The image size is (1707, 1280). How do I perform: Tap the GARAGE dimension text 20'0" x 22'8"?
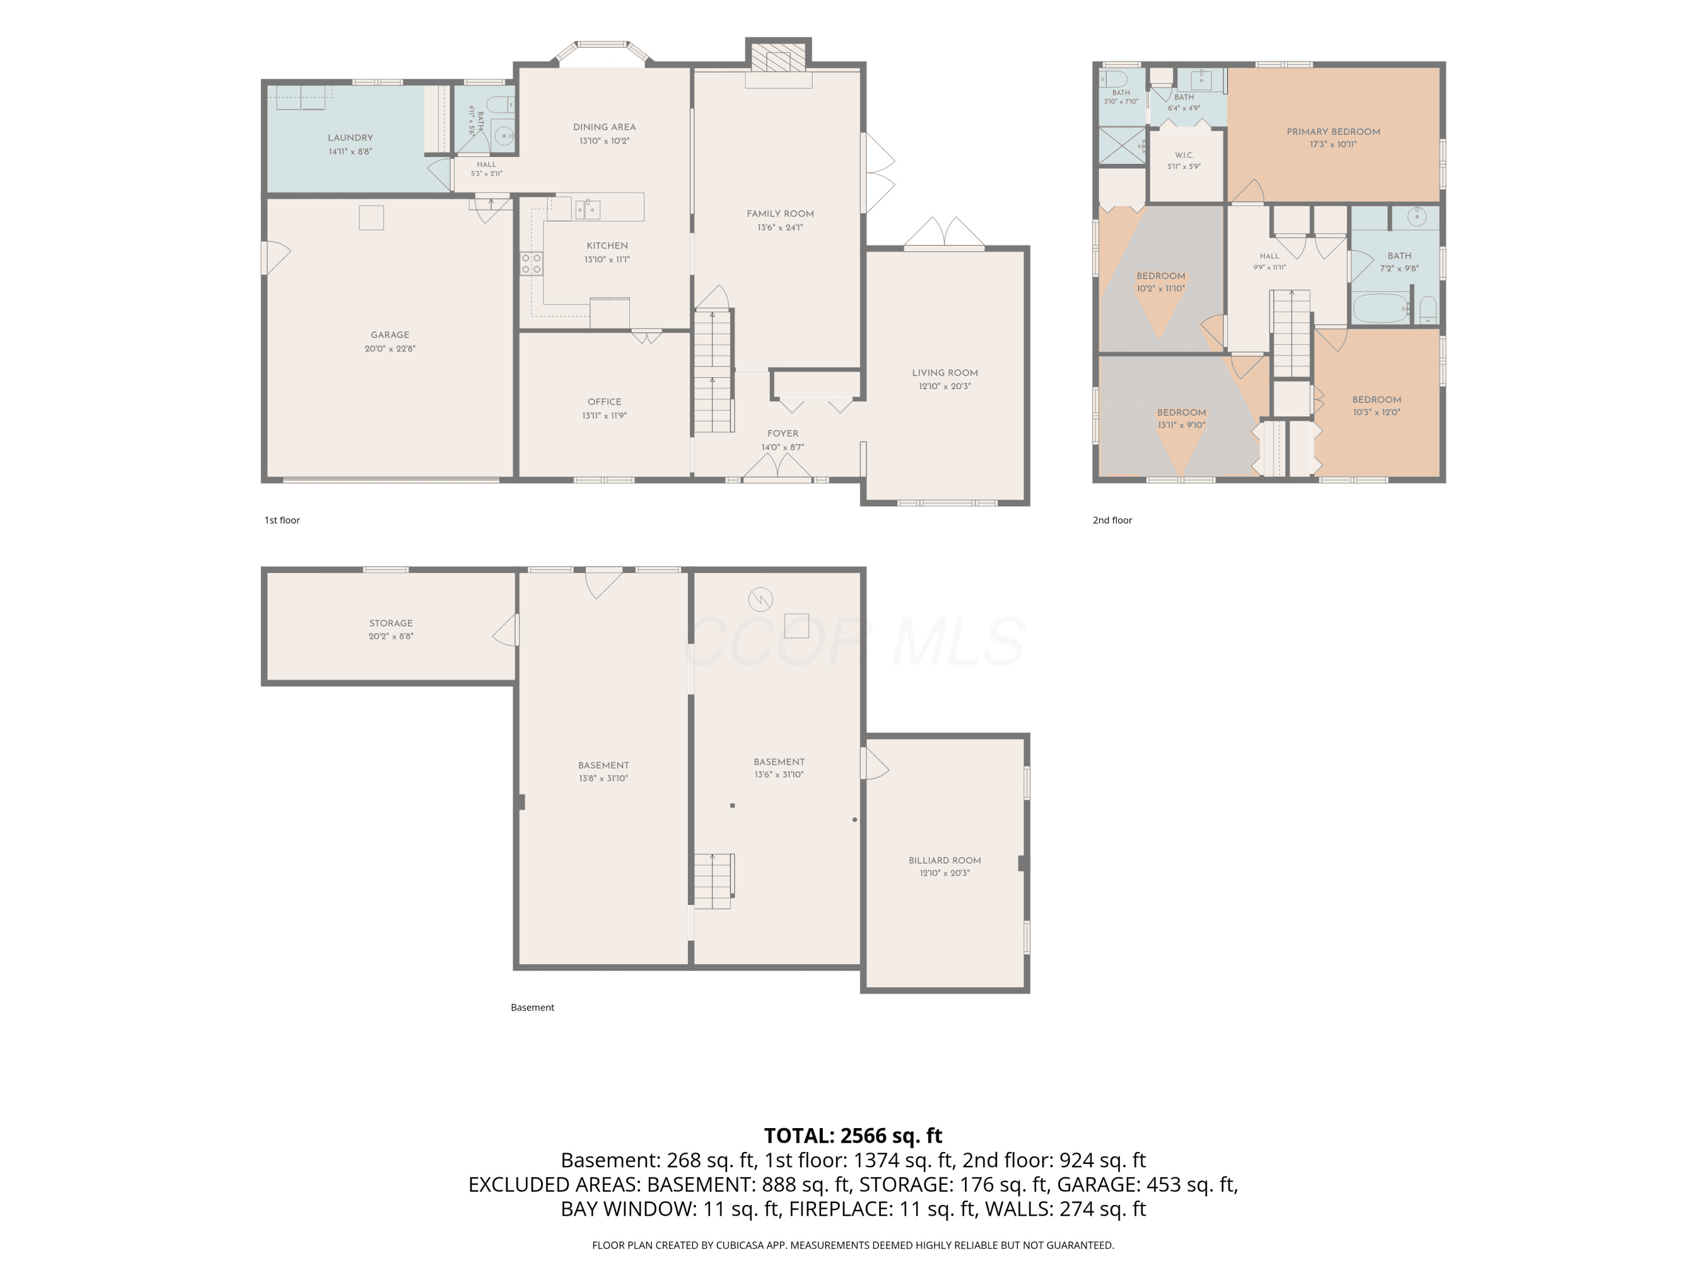coord(390,349)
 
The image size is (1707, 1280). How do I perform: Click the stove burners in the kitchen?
coord(531,264)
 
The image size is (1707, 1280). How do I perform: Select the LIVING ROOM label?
coord(945,373)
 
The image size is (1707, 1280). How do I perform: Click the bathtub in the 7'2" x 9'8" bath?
coord(1382,308)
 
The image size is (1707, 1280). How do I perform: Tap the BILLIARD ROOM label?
coord(945,860)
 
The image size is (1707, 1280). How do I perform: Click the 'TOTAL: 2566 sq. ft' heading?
coord(853,1136)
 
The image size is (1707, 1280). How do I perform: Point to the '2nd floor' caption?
coord(1112,520)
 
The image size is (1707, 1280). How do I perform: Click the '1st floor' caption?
coord(282,520)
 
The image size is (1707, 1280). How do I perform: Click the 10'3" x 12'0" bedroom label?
coord(1377,400)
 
